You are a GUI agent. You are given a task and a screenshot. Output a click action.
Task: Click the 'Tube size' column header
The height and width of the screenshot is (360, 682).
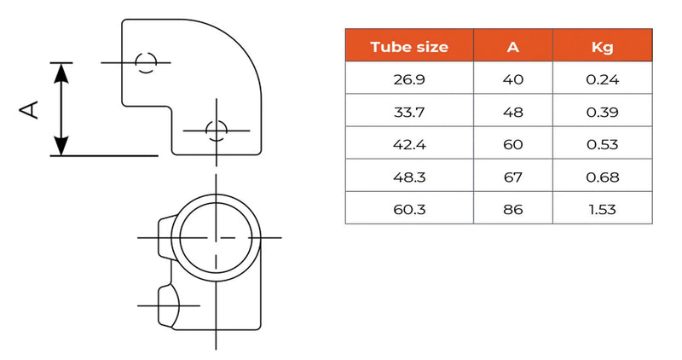409,47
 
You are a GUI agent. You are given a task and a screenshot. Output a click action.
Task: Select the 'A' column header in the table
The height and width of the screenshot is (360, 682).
512,47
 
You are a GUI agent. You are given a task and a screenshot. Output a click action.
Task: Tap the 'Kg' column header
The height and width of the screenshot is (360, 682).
602,47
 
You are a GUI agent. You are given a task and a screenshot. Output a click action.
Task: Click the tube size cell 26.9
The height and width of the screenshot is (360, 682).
409,81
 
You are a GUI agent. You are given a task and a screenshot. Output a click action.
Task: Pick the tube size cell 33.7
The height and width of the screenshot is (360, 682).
409,113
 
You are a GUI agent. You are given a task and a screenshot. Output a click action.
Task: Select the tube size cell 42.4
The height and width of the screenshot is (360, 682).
409,145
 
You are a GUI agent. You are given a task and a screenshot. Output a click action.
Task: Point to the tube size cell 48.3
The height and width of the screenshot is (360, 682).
409,177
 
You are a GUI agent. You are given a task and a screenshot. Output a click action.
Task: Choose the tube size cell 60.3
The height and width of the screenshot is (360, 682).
409,208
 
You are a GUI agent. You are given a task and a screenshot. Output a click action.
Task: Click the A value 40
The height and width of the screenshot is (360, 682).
512,81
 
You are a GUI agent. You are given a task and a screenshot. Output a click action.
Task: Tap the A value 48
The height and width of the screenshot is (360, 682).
512,113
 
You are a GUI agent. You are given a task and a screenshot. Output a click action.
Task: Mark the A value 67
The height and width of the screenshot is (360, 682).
512,177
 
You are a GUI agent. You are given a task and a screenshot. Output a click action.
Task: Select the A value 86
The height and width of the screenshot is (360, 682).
512,208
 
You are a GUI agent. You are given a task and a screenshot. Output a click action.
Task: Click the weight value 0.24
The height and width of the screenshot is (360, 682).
602,81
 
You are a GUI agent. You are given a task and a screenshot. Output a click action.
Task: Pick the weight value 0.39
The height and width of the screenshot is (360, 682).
602,113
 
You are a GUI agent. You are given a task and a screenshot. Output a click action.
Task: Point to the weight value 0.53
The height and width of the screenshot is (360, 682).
602,145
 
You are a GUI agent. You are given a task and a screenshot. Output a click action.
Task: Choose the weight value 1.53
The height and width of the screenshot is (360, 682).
602,208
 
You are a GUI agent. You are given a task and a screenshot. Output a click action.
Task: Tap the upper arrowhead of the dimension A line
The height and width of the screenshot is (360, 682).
61,72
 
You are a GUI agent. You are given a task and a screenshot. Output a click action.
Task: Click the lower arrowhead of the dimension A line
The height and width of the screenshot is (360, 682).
61,146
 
